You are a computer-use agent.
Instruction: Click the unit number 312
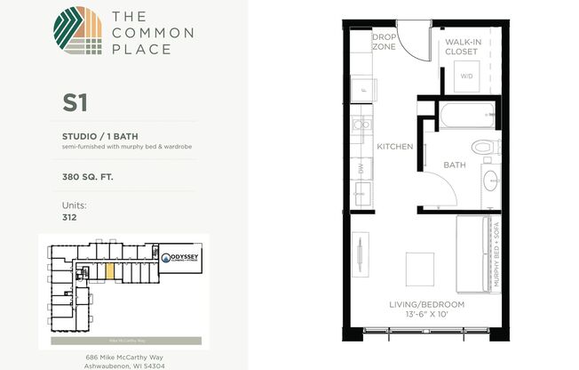[x=69, y=216]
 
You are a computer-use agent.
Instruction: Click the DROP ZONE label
[x=383, y=43]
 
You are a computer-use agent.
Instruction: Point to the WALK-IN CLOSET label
[x=461, y=46]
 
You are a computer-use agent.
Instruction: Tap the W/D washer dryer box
[x=466, y=76]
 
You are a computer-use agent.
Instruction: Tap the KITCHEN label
[x=394, y=146]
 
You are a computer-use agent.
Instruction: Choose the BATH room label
[x=455, y=165]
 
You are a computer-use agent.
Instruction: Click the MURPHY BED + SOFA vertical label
[x=497, y=259]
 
